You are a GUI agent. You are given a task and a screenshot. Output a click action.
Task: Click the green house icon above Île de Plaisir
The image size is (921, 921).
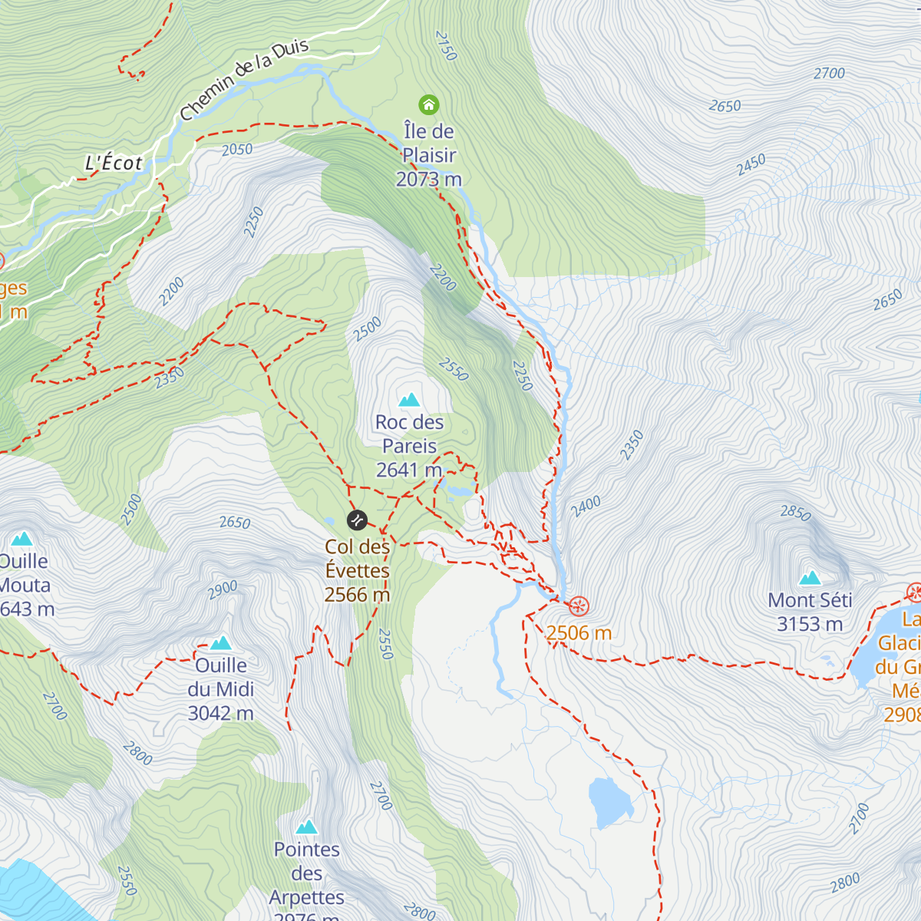(x=428, y=104)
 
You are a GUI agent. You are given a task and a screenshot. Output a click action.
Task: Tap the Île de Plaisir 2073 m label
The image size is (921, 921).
(x=429, y=156)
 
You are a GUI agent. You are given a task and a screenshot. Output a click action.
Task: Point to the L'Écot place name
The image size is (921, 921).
(x=114, y=163)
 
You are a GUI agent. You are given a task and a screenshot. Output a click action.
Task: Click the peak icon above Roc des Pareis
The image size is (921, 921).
(x=409, y=400)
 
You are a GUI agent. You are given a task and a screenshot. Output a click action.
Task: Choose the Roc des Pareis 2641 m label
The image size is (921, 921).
(x=409, y=446)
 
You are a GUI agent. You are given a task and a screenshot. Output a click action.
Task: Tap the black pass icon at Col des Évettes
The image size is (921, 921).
(x=357, y=520)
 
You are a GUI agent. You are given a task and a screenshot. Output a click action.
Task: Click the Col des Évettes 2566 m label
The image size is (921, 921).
(x=357, y=571)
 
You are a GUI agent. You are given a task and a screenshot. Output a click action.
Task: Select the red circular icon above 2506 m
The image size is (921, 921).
(x=579, y=606)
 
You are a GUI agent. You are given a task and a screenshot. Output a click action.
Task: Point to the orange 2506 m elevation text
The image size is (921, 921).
(x=579, y=633)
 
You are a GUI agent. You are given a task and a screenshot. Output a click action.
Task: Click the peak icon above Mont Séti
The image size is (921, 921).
(x=810, y=578)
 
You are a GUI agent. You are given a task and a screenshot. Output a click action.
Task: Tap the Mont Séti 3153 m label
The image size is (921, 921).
(x=810, y=612)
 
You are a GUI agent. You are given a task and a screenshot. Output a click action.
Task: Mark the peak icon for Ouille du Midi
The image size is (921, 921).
(x=221, y=642)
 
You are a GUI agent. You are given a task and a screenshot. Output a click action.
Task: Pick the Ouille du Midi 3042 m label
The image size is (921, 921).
(x=221, y=689)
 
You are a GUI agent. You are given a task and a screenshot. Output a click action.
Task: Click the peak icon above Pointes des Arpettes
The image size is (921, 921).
(x=307, y=827)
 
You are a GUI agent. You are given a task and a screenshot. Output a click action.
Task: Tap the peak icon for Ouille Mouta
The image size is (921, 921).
(x=21, y=539)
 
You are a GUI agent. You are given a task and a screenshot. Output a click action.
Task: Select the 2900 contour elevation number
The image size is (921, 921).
(x=223, y=589)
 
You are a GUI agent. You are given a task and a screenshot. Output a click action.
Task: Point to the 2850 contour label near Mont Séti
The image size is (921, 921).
(x=795, y=512)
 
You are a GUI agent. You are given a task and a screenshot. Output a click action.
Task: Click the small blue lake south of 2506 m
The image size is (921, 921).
(x=609, y=802)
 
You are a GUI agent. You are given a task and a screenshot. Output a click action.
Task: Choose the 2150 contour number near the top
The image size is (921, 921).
(x=446, y=45)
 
